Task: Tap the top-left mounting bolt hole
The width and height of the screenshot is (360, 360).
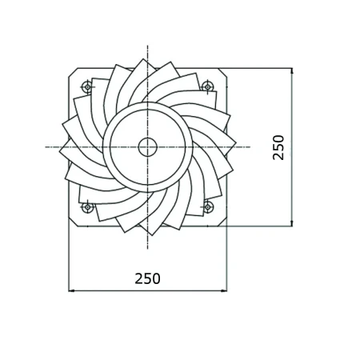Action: [x=87, y=86]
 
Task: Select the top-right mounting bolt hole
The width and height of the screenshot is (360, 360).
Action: [x=207, y=86]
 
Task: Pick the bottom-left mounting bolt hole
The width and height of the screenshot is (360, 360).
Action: [x=87, y=207]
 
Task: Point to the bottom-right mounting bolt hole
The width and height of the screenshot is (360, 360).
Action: [x=208, y=207]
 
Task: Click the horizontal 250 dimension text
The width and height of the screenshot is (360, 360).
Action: [x=147, y=278]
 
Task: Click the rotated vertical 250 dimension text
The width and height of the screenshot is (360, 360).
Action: [x=278, y=147]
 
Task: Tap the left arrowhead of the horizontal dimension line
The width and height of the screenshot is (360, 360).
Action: [x=71, y=290]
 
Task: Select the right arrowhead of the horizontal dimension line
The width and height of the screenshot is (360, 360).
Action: [x=224, y=290]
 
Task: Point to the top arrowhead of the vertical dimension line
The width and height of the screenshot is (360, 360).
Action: [x=292, y=70]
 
